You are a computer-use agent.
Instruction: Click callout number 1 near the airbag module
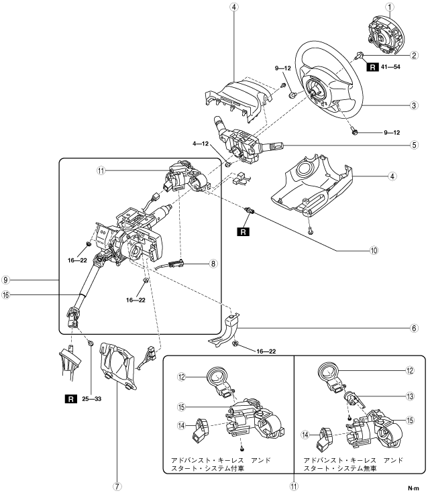[x=390, y=7]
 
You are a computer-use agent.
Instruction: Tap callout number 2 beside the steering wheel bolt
[x=414, y=55]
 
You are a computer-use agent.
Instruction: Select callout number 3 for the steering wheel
[x=414, y=105]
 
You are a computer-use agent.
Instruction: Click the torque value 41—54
[x=390, y=66]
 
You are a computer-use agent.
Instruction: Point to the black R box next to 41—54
[x=372, y=67]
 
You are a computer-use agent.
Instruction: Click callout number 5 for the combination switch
[x=414, y=145]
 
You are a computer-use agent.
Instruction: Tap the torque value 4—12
[x=201, y=144]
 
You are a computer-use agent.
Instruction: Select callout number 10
[x=374, y=250]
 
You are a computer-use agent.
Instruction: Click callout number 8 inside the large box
[x=213, y=264]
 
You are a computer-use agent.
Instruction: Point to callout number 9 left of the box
[x=5, y=280]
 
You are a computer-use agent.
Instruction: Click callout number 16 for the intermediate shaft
[x=5, y=295]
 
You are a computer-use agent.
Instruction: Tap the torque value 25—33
[x=91, y=399]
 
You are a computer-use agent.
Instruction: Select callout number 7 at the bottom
[x=117, y=486]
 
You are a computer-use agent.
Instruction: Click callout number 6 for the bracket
[x=414, y=328]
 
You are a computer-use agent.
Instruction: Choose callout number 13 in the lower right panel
[x=410, y=396]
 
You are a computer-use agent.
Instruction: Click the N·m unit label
[x=413, y=488]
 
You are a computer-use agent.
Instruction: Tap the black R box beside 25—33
[x=70, y=399]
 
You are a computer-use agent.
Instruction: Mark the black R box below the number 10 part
[x=243, y=232]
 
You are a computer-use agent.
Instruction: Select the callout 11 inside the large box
[x=101, y=171]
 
